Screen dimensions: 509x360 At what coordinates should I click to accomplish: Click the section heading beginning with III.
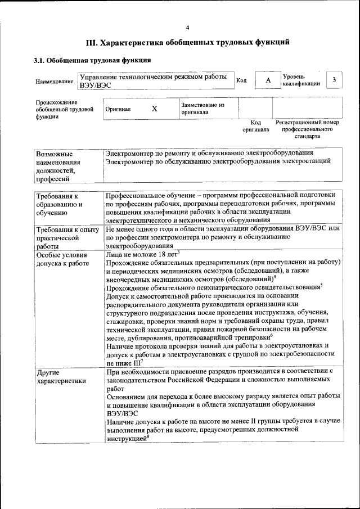(187, 42)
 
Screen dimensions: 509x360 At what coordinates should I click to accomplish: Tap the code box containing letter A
(268, 80)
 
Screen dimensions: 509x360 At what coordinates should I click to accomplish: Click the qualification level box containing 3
(335, 80)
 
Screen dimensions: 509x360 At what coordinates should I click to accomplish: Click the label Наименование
(54, 82)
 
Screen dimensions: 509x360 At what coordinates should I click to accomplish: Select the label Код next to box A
(241, 80)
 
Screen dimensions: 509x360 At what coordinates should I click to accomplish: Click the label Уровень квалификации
(301, 80)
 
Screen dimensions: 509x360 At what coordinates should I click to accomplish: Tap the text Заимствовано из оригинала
(202, 109)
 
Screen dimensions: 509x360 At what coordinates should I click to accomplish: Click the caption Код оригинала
(256, 126)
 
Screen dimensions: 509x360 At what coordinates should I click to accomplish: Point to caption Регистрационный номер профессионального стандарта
(307, 129)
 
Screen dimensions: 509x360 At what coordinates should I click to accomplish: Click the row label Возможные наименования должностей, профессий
(55, 166)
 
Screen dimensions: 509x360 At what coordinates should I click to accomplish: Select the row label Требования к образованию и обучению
(58, 205)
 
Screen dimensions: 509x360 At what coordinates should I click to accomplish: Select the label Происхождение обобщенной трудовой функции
(64, 109)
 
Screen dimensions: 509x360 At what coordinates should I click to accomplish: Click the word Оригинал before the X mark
(118, 109)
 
